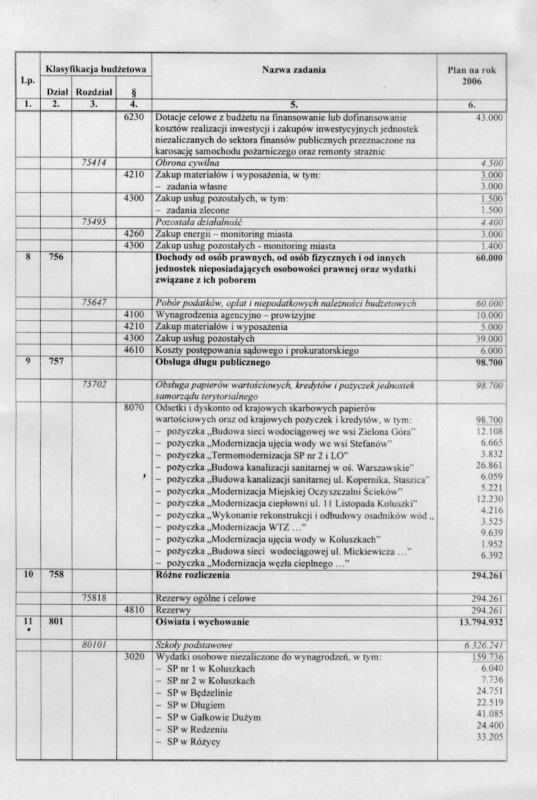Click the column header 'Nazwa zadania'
click(x=293, y=70)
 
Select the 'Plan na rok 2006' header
click(x=471, y=76)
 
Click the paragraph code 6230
click(x=134, y=117)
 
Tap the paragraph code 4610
click(x=134, y=350)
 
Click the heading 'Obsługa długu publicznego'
click(x=212, y=362)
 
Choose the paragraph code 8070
click(x=134, y=408)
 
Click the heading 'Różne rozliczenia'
click(x=192, y=575)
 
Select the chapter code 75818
click(x=93, y=598)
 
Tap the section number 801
click(x=55, y=621)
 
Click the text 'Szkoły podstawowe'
click(x=194, y=645)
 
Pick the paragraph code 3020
click(x=134, y=657)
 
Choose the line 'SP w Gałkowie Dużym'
click(x=214, y=717)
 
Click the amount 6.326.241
click(x=484, y=645)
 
